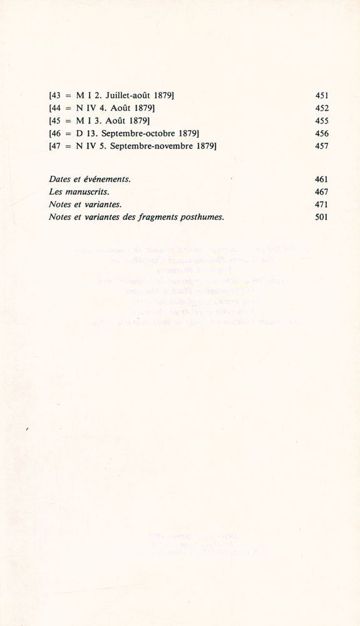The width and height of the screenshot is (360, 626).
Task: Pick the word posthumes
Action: click(x=202, y=217)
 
